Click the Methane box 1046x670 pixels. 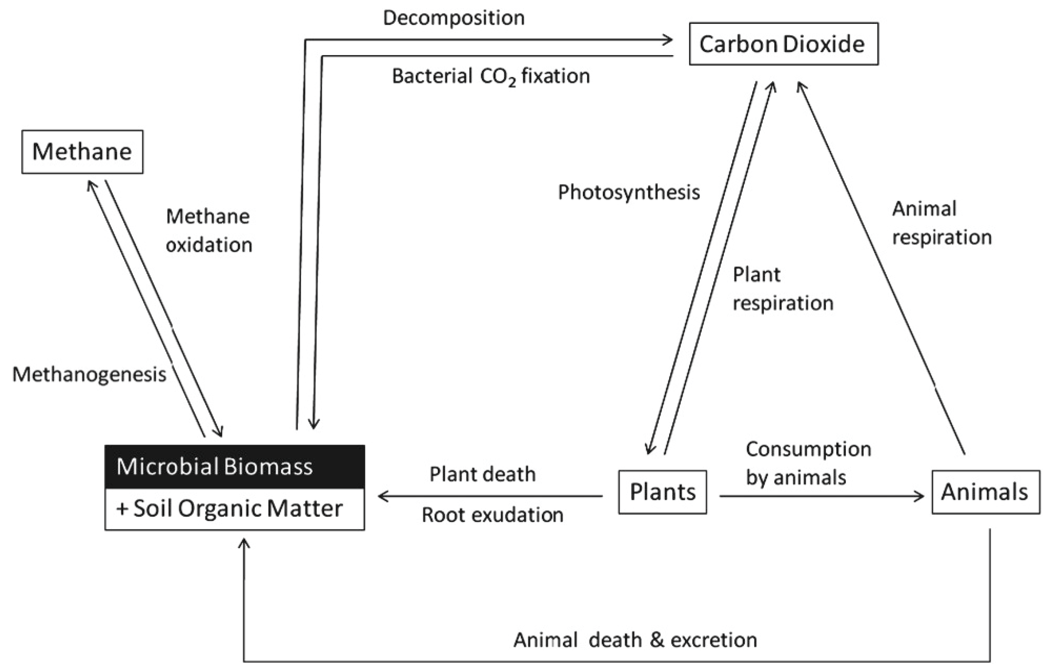pos(82,152)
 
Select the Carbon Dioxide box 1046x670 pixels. pos(783,44)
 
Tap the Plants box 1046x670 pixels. pos(663,492)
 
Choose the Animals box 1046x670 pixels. pos(985,492)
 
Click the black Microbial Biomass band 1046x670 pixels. pos(235,467)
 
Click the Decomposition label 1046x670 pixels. pos(454,18)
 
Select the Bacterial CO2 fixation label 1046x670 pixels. pos(491,77)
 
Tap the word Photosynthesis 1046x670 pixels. pos(629,192)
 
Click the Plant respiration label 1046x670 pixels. pos(783,289)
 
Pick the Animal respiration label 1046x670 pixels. pos(942,223)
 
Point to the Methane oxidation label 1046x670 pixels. pos(209,230)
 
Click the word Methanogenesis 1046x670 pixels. pos(89,374)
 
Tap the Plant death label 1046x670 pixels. pos(482,474)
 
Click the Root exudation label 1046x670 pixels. pos(492,515)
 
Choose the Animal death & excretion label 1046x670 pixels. pos(635,640)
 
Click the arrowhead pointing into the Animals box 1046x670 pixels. pos(920,496)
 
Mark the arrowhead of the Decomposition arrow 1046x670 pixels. pos(669,40)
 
